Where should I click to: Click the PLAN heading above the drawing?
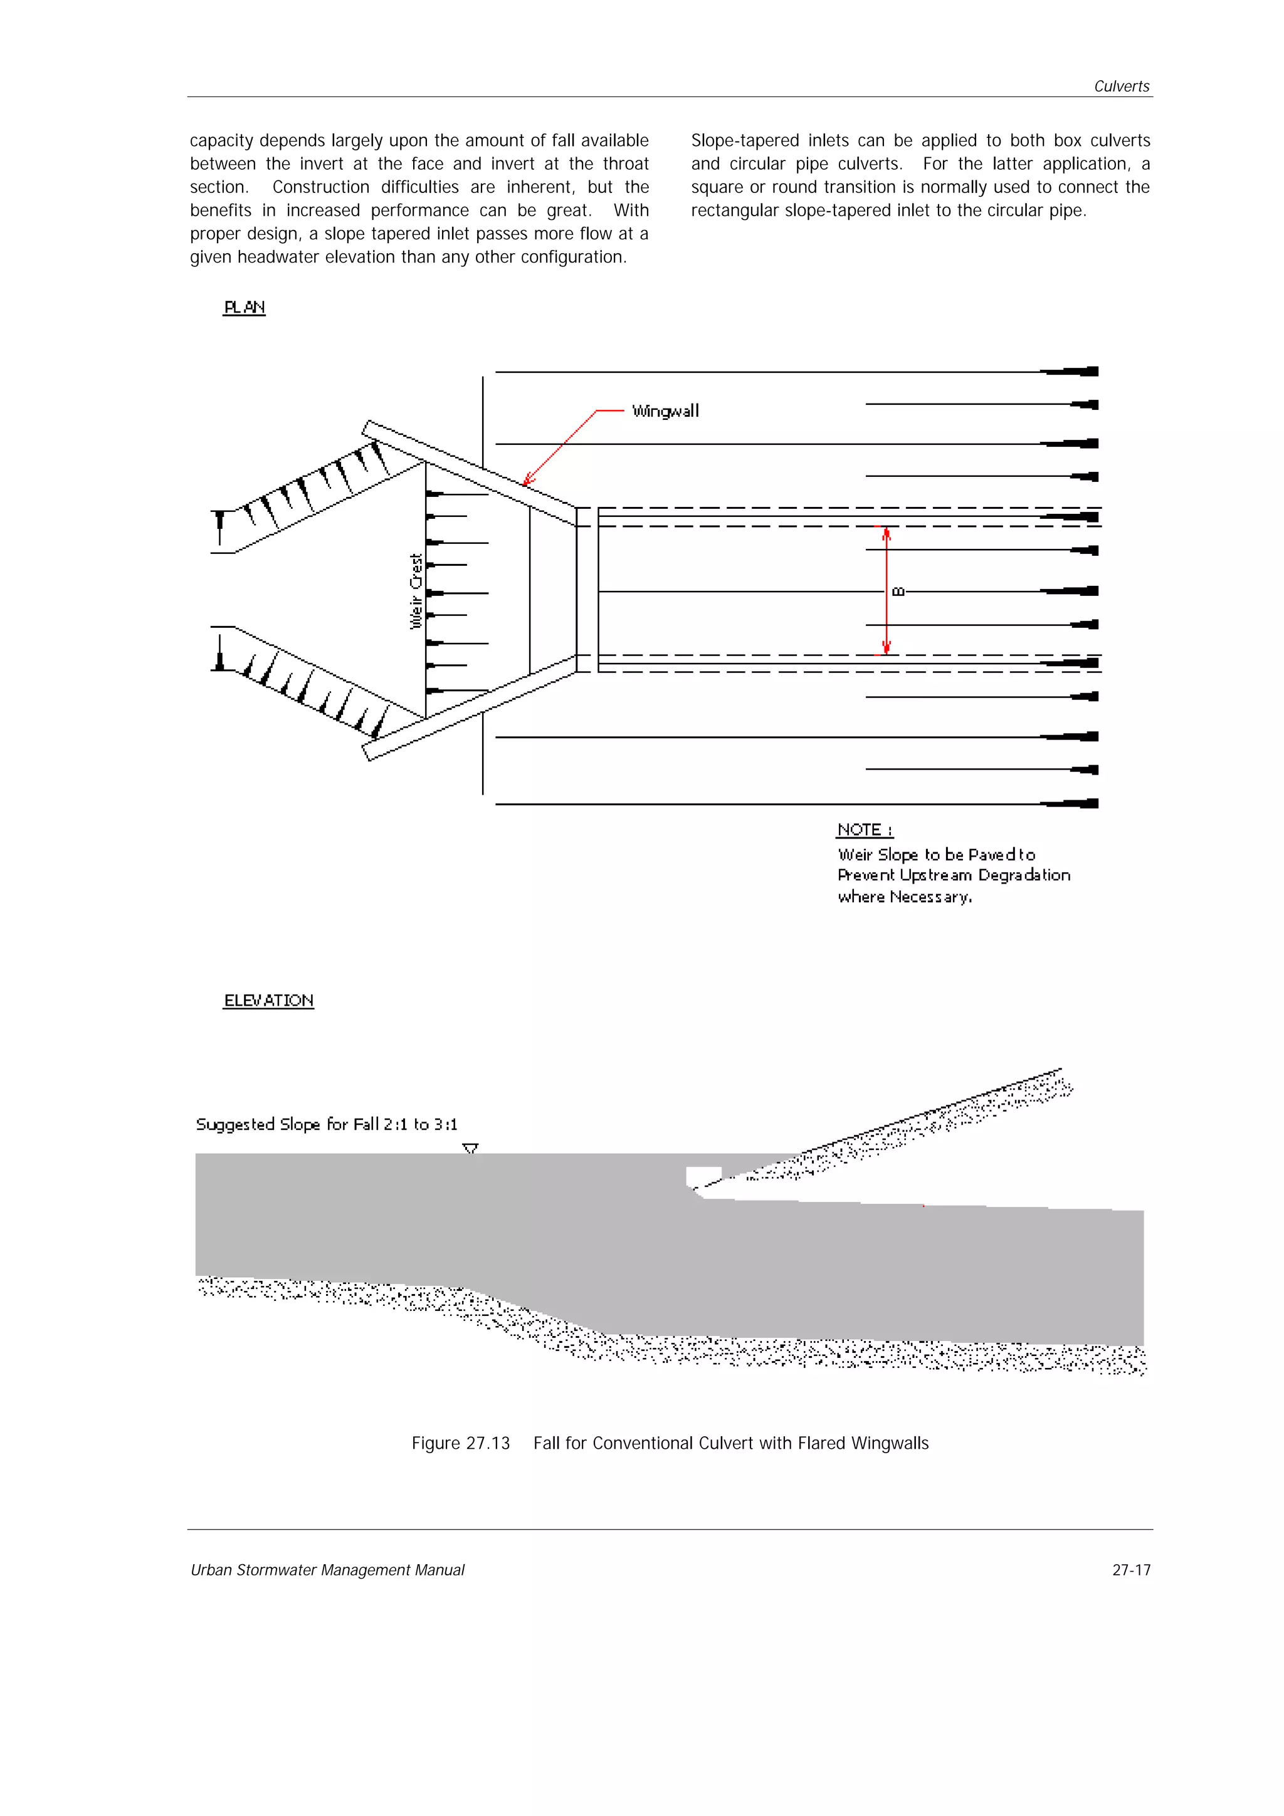(x=245, y=307)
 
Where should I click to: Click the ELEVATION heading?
(x=268, y=1001)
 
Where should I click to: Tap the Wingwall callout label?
(x=665, y=411)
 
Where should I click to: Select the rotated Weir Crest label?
(x=416, y=591)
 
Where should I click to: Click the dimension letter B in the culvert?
(x=898, y=591)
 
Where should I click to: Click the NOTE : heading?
(x=864, y=830)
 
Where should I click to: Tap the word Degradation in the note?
(x=1024, y=875)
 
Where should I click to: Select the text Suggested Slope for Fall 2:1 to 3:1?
(x=326, y=1124)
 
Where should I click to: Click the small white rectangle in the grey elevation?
(x=703, y=1176)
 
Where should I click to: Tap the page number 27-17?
(x=1130, y=1570)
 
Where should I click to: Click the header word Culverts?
(x=1121, y=86)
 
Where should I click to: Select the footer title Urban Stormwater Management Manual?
(x=327, y=1570)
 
